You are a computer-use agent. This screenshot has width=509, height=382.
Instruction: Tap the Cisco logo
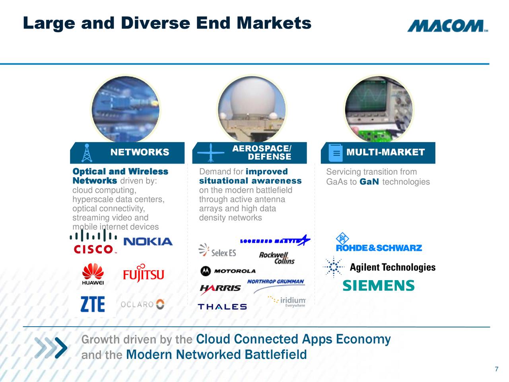pos(93,242)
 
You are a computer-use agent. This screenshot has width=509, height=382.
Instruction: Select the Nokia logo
pos(148,242)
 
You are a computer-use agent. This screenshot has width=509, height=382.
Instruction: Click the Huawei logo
pos(93,274)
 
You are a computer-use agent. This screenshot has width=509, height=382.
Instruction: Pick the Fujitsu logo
pos(143,273)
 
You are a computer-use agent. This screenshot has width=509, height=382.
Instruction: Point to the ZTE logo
pos(93,304)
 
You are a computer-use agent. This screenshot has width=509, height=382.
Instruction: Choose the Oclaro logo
pos(142,304)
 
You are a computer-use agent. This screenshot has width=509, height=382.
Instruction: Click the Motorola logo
pos(228,271)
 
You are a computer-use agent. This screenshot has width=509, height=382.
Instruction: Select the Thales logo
pos(222,306)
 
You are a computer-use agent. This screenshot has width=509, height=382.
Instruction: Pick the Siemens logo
pos(379,286)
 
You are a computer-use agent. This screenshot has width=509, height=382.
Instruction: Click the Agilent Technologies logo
pos(380,267)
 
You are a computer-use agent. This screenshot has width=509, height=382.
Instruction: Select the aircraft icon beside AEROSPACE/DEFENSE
pos(211,153)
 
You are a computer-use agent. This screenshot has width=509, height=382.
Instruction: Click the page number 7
pos(496,369)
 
